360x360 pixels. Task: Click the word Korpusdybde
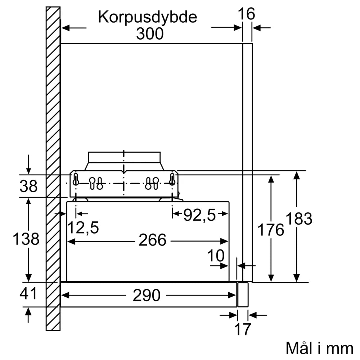point(148,17)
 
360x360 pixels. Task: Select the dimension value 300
point(150,34)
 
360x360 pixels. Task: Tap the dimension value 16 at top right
point(247,14)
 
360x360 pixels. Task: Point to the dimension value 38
point(28,186)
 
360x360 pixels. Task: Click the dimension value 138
point(26,239)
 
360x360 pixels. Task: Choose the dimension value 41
point(28,294)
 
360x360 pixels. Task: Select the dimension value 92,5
point(199,215)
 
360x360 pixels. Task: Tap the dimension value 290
point(147,296)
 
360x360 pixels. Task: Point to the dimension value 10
point(216,256)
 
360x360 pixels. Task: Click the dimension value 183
point(299,219)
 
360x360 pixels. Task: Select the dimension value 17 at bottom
point(242,329)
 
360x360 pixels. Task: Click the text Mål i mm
point(319,348)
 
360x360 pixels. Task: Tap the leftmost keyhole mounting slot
point(76,179)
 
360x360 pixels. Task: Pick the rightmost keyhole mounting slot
point(172,179)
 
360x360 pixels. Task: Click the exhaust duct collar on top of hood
point(124,157)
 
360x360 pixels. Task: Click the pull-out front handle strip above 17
point(243,294)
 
